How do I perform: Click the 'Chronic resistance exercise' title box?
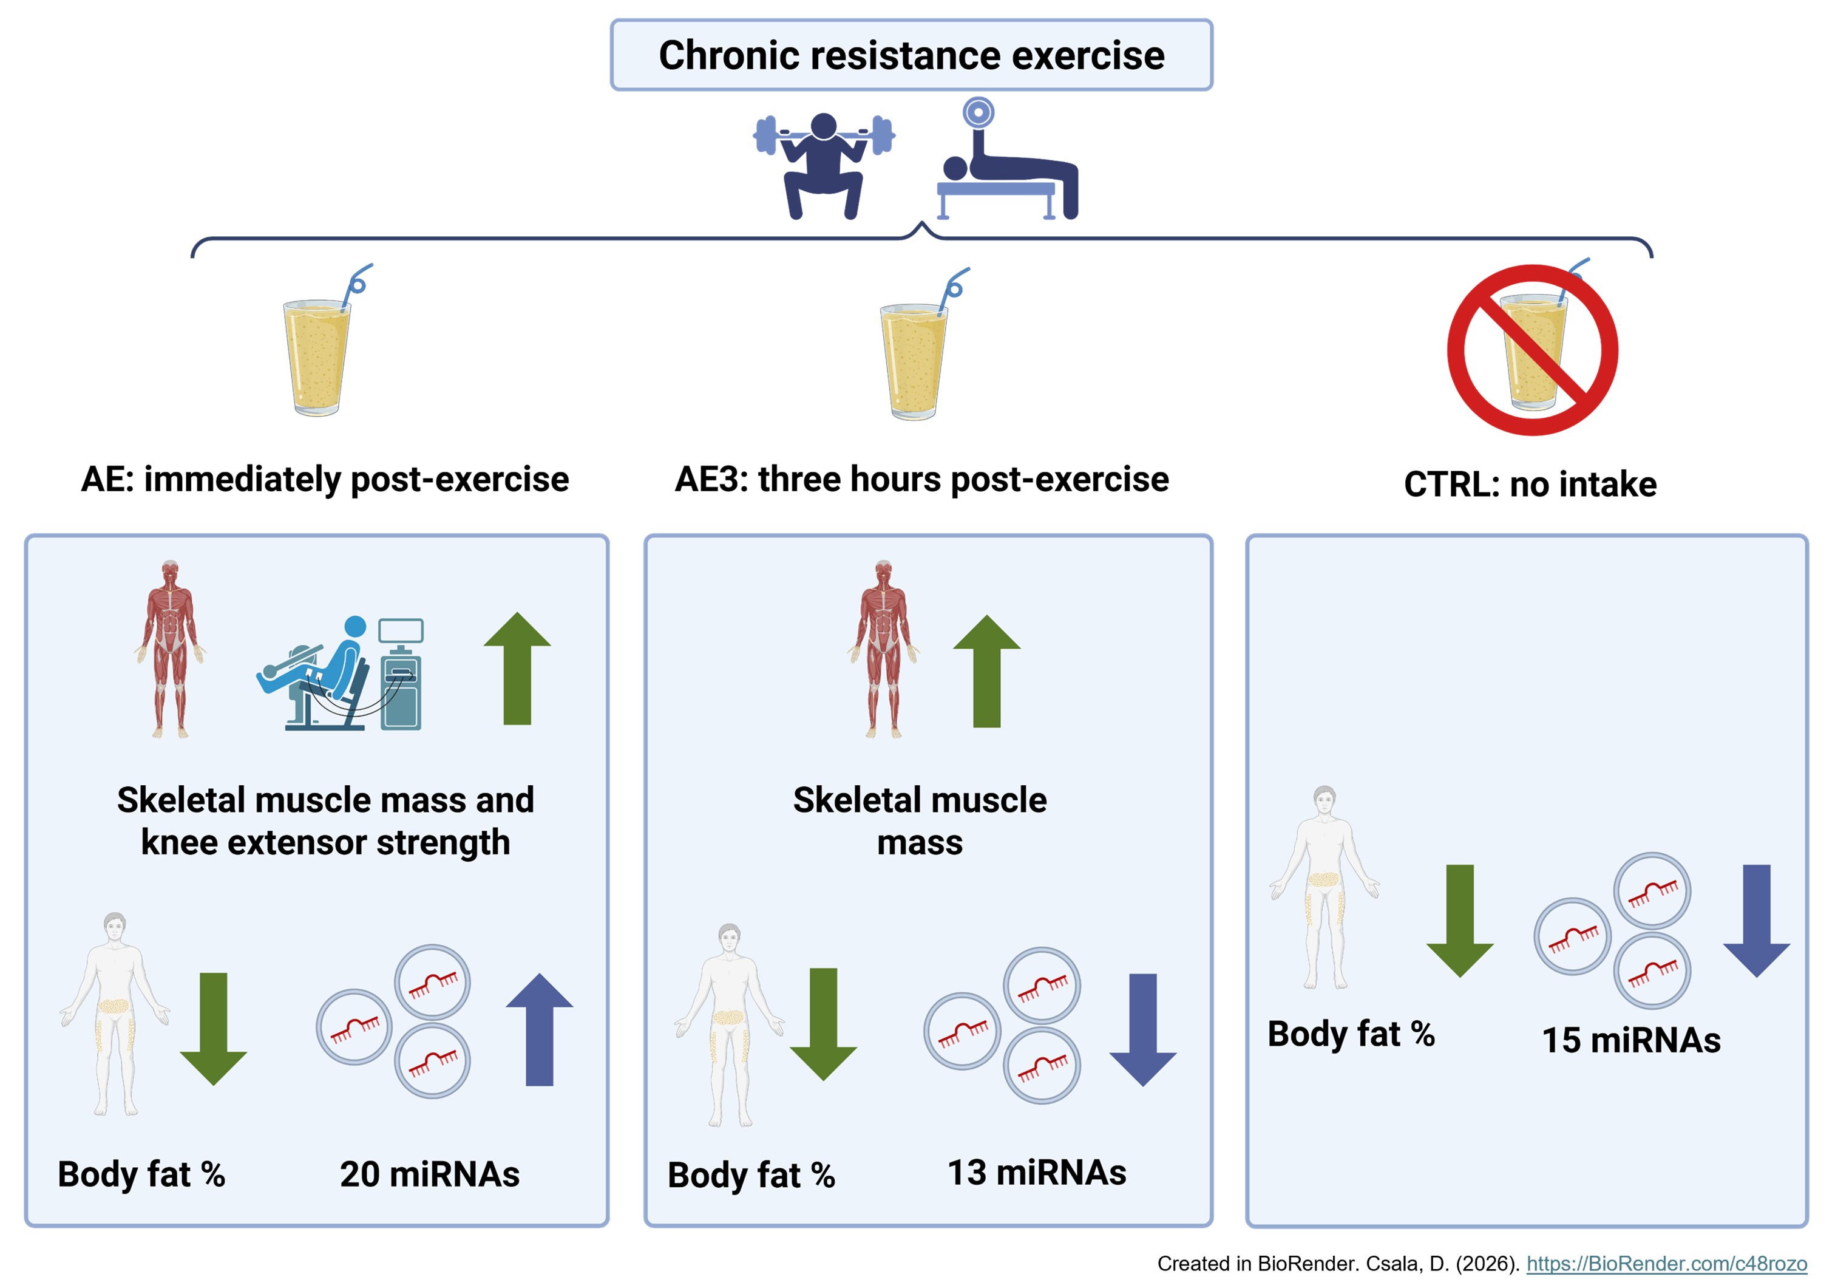pos(911,55)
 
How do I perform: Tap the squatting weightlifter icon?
pos(824,165)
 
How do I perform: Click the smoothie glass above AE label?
pos(318,356)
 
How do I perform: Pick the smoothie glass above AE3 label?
pos(914,359)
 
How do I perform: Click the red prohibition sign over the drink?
pos(1532,350)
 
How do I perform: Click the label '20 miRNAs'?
pos(429,1174)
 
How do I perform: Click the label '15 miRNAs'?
pos(1630,1040)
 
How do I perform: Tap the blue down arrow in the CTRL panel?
pos(1756,920)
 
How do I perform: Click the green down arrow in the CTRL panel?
pos(1459,920)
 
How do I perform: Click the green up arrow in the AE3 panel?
pos(986,671)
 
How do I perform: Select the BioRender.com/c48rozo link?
pos(1666,1263)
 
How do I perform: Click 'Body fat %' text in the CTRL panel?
pos(1351,1034)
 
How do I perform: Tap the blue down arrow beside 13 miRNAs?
pos(1143,1030)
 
